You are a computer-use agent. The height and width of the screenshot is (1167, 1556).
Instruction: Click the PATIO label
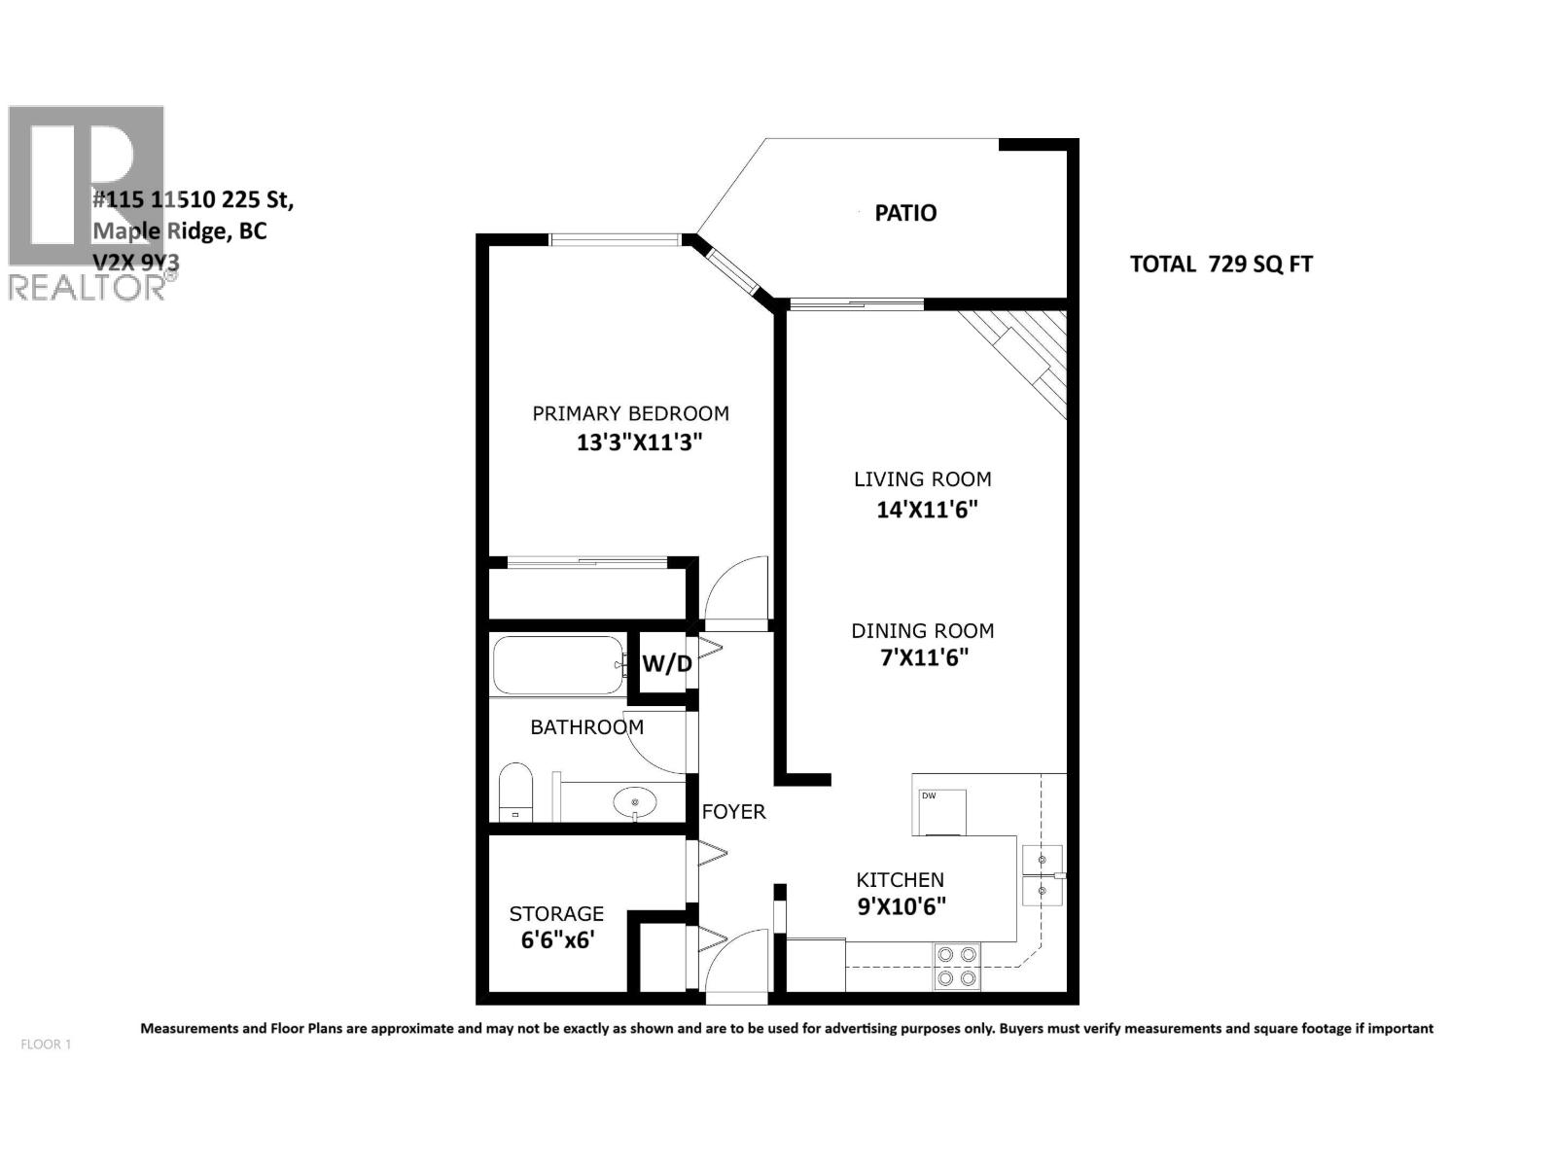coord(904,213)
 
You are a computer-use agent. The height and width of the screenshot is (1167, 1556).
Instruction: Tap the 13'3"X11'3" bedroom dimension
coord(639,443)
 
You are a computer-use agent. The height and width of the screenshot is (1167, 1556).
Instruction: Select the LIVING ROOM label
coord(922,478)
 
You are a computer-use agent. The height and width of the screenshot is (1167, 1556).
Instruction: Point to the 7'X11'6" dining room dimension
coord(924,658)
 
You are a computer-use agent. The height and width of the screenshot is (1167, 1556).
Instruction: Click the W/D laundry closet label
coord(667,664)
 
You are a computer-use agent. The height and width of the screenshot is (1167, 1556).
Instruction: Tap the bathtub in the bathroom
coord(558,665)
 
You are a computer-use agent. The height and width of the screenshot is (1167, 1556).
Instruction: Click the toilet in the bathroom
coord(516,792)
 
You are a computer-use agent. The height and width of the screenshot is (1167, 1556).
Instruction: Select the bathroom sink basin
coord(634,803)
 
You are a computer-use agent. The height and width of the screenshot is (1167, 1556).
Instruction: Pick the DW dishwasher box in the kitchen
coord(939,812)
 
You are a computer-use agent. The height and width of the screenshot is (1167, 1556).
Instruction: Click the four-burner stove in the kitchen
coord(956,966)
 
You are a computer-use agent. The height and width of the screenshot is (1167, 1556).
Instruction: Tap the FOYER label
coord(733,811)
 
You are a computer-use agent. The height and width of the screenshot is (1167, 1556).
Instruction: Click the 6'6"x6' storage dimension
coord(557,940)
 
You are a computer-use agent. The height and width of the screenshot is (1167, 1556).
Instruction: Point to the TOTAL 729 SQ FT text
coord(1220,264)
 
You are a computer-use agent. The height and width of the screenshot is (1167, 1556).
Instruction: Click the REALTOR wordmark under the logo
coord(88,287)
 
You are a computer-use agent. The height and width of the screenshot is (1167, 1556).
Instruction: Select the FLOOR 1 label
coord(46,1044)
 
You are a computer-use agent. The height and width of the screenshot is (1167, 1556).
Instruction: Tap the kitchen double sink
coord(1042,875)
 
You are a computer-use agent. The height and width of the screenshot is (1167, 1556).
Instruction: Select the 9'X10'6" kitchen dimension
coord(901,907)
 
